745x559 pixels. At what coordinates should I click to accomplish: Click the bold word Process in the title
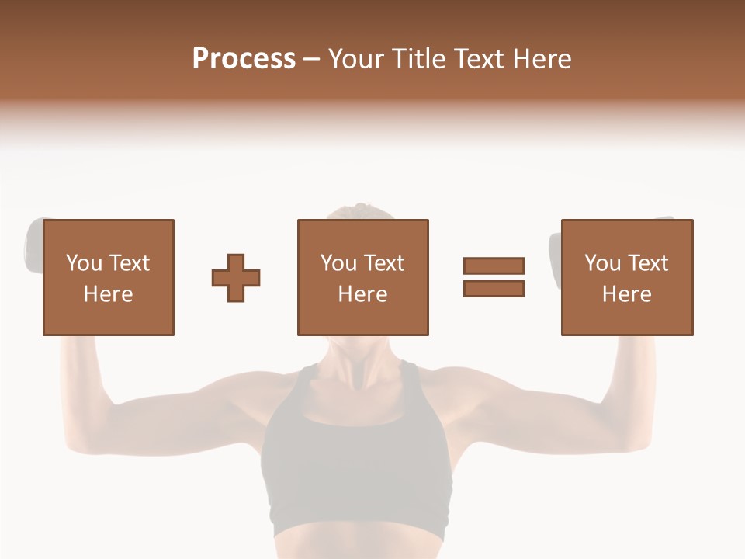click(x=244, y=59)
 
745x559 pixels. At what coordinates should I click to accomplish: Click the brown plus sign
click(x=236, y=278)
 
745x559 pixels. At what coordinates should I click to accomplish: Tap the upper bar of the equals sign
click(x=494, y=266)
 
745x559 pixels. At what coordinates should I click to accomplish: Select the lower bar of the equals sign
click(x=494, y=288)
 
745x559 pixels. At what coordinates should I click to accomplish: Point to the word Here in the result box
click(x=627, y=294)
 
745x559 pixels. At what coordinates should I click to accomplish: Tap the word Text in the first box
click(x=128, y=263)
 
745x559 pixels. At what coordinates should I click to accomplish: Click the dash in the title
click(x=312, y=60)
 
